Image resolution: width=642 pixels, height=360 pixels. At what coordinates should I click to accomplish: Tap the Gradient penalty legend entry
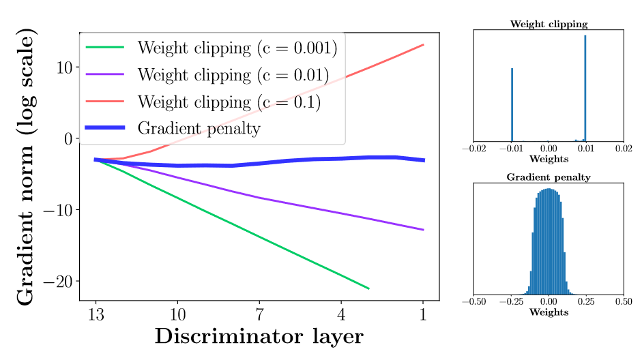pyautogui.click(x=199, y=127)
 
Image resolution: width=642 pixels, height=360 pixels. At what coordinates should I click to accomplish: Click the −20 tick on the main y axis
pyautogui.click(x=59, y=281)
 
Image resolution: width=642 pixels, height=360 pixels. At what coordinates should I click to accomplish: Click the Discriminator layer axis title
pyautogui.click(x=259, y=336)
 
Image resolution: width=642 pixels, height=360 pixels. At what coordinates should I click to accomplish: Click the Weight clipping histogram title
pyautogui.click(x=549, y=25)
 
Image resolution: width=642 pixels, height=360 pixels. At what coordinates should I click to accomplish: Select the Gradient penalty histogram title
pyautogui.click(x=549, y=177)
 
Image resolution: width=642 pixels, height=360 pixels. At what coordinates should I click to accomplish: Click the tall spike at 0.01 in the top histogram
pyautogui.click(x=585, y=89)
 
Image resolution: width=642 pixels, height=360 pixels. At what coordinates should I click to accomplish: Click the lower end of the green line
pyautogui.click(x=369, y=288)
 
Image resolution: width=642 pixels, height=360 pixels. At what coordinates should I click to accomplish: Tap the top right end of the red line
pyautogui.click(x=424, y=44)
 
